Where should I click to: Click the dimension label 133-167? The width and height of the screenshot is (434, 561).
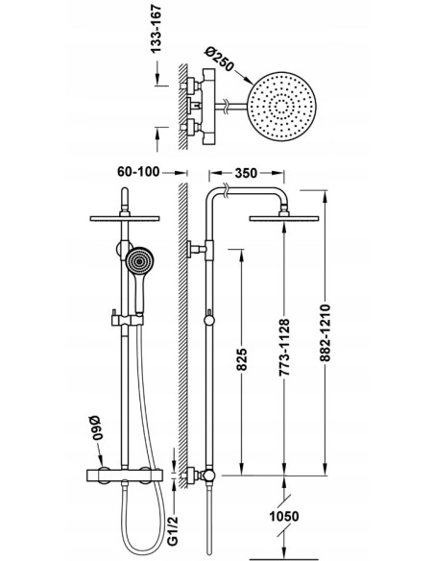click(x=157, y=29)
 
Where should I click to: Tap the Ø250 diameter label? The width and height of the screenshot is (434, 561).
click(x=220, y=59)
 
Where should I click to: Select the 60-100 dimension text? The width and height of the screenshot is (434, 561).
click(x=138, y=172)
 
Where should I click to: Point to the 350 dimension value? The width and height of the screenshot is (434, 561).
click(x=246, y=173)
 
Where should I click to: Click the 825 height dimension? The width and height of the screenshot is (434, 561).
click(x=242, y=359)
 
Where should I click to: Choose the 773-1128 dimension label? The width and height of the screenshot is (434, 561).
click(x=284, y=348)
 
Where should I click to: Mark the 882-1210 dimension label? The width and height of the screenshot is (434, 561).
click(x=325, y=332)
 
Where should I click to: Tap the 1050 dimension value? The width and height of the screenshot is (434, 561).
click(x=284, y=516)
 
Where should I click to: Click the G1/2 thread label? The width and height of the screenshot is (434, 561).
click(x=173, y=531)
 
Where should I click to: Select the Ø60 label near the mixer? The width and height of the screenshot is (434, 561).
click(x=96, y=427)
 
